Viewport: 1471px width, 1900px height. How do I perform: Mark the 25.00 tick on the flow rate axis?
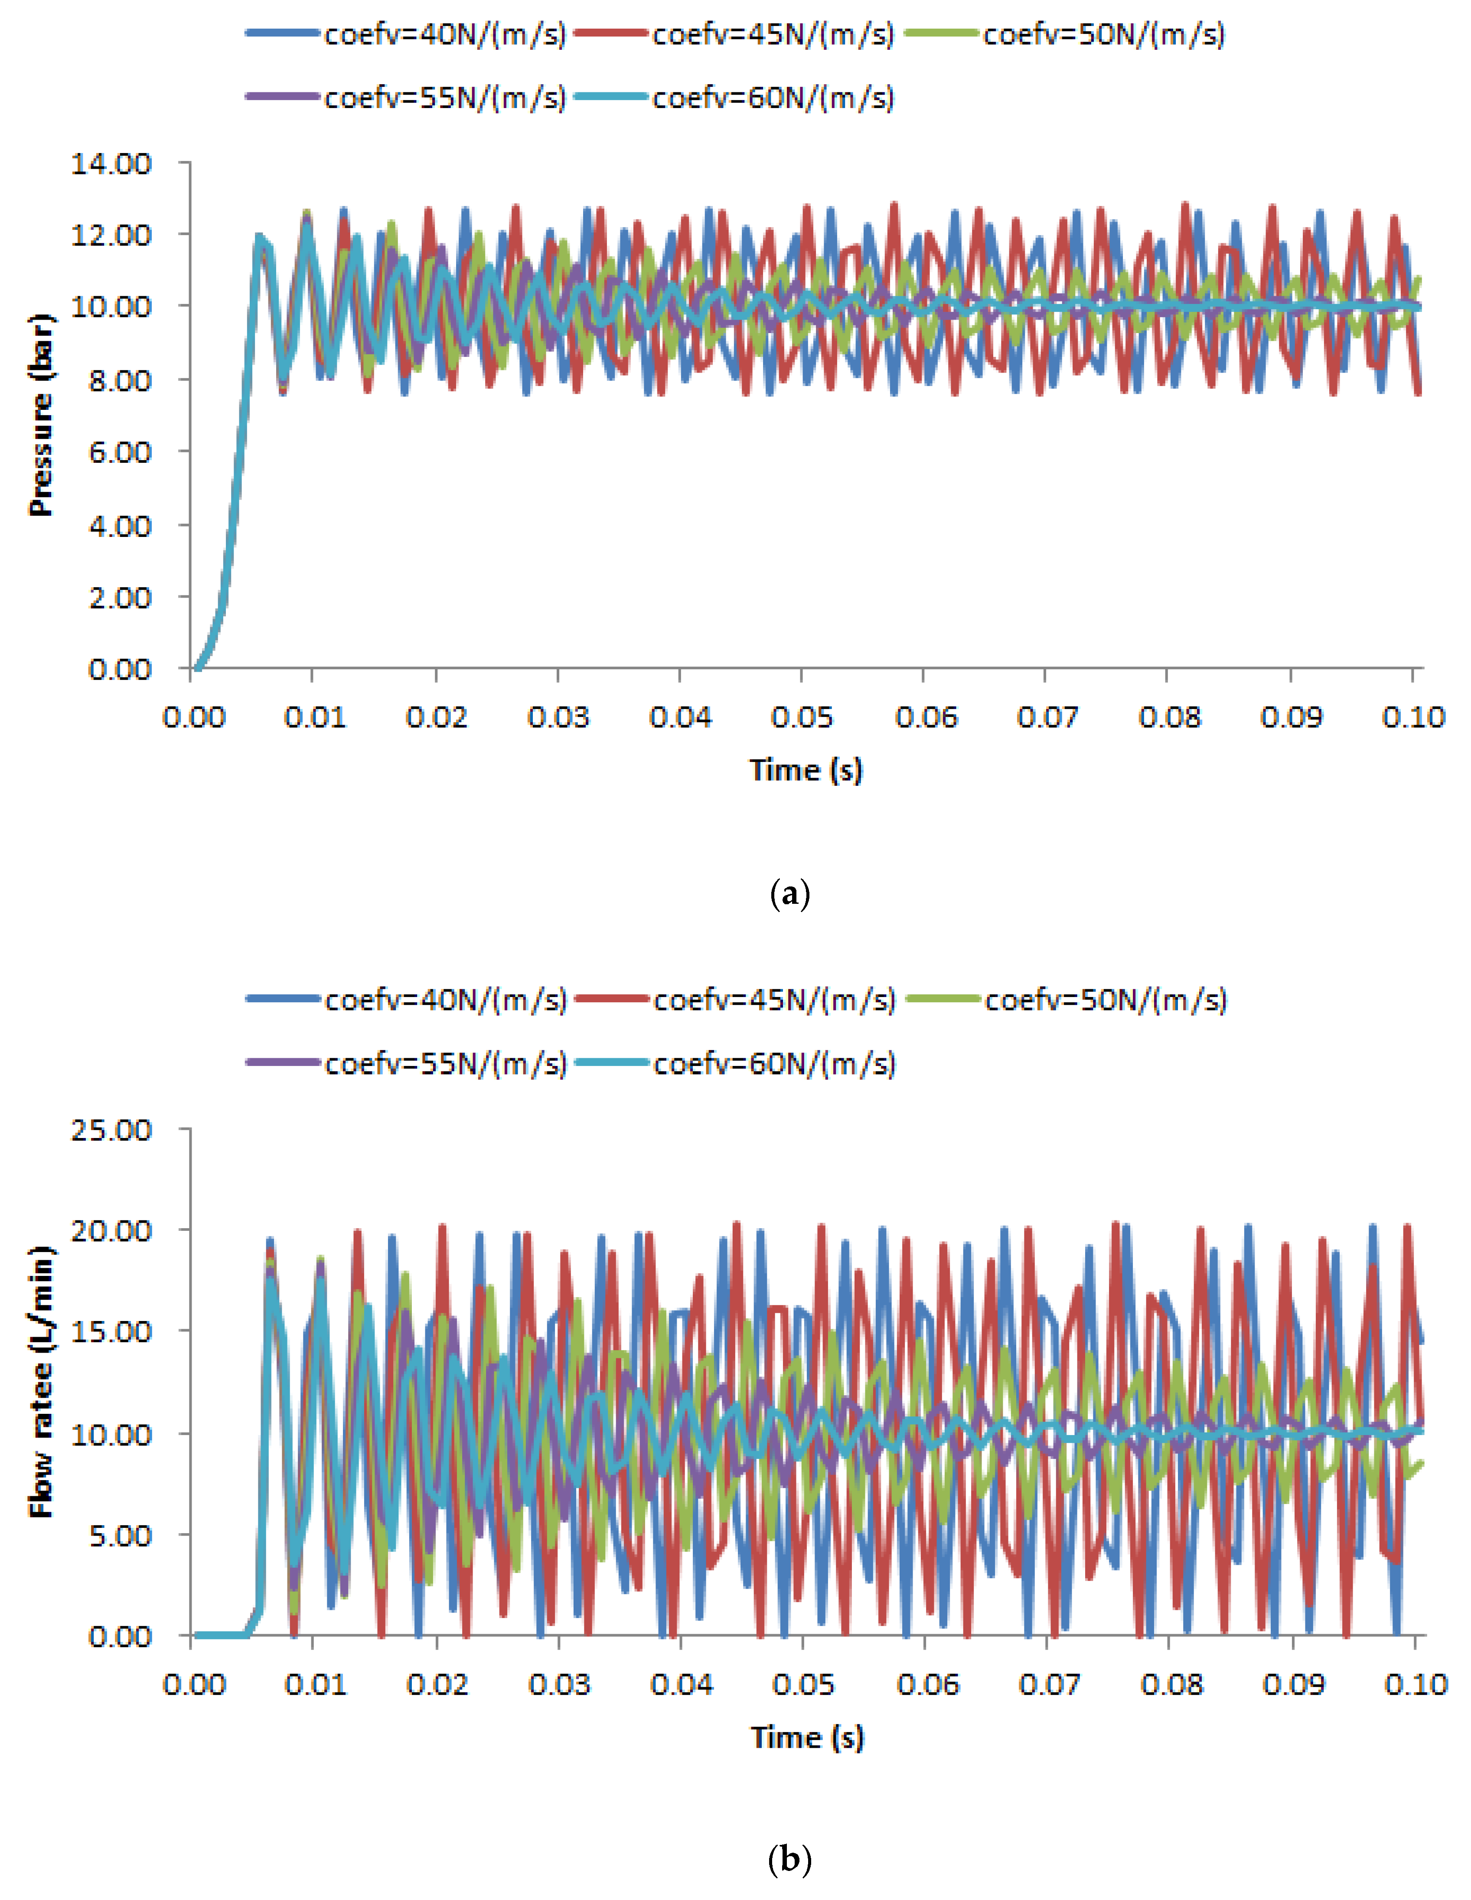coord(111,1130)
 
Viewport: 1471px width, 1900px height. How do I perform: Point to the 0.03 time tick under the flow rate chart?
coord(559,1685)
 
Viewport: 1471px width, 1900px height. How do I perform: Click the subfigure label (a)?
coord(790,894)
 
